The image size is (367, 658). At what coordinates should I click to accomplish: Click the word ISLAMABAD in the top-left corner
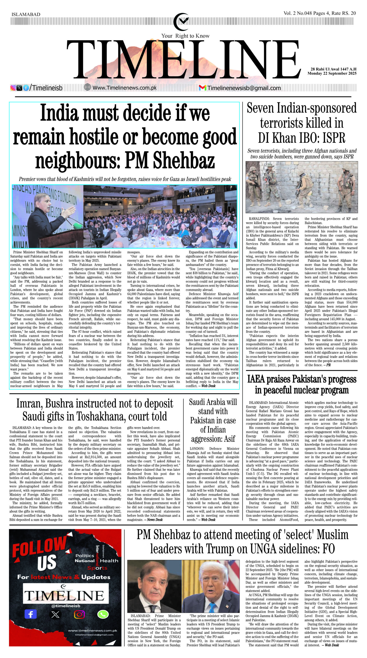pyautogui.click(x=26, y=14)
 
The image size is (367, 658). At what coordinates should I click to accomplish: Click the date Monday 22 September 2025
pyautogui.click(x=332, y=74)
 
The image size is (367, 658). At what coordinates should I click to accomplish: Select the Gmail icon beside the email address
pyautogui.click(x=202, y=88)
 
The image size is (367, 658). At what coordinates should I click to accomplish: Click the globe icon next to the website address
pyautogui.click(x=88, y=87)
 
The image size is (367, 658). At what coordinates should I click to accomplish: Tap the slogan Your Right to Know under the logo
pyautogui.click(x=185, y=36)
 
